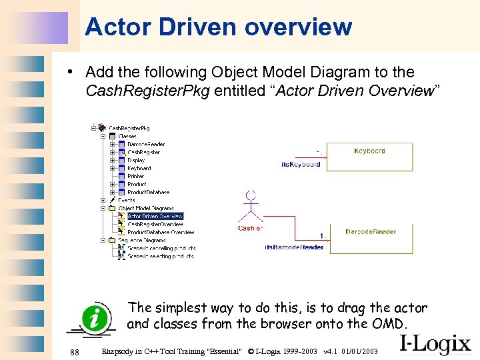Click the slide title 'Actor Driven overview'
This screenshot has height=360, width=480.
218,27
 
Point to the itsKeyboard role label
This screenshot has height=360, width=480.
301,164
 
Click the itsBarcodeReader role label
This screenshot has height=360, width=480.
294,247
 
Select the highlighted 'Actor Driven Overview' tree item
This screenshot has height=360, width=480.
155,216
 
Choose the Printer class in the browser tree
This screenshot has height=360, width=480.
135,177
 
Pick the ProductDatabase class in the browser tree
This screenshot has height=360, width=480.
148,193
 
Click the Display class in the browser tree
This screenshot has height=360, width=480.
136,161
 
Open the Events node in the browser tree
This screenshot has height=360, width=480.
127,201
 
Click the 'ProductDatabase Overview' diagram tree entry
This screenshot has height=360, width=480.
160,233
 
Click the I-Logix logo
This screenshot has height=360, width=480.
435,343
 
